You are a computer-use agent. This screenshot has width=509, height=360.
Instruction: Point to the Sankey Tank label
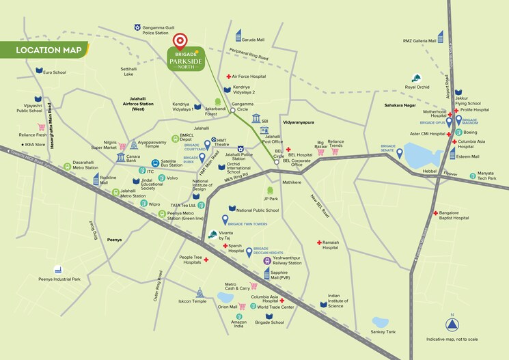pyautogui.click(x=382, y=332)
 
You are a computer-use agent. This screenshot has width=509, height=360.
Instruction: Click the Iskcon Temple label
pyautogui.click(x=192, y=301)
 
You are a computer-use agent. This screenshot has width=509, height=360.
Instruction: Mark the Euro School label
pyautogui.click(x=55, y=72)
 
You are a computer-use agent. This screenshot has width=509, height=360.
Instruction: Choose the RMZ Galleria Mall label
pyautogui.click(x=419, y=41)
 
